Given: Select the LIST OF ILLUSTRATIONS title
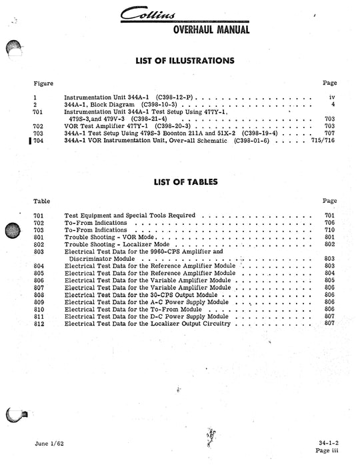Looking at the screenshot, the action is [185, 61].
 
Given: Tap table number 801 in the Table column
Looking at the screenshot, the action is [38, 237].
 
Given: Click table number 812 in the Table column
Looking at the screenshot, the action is [38, 324].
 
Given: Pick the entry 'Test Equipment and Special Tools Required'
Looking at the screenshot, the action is [130, 215].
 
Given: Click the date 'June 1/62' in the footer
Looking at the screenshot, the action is [49, 444].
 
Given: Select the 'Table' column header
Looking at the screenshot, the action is [41, 201].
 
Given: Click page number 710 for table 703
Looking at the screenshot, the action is [329, 229].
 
